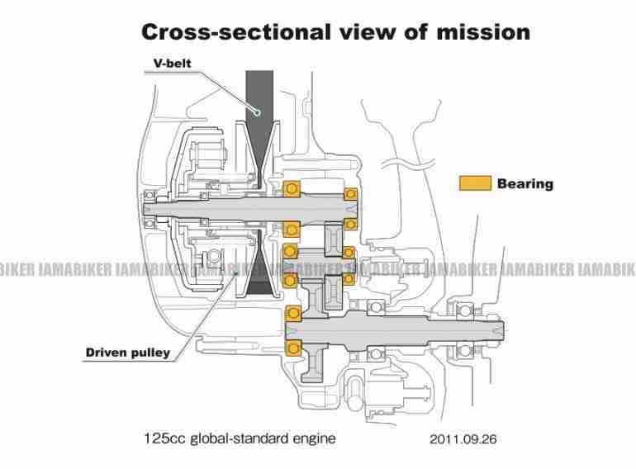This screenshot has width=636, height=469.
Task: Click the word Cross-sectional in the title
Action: pos(236,32)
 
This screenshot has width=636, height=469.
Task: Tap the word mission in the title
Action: pos(483,32)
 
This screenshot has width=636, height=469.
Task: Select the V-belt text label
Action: pos(172,64)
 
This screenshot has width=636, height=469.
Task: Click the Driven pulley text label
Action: pos(128,353)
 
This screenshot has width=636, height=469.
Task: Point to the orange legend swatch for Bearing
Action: pos(475,183)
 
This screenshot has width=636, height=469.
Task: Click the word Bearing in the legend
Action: pos(524,183)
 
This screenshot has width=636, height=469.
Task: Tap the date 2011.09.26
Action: pos(463,439)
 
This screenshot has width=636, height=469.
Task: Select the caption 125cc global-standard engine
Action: pos(240,438)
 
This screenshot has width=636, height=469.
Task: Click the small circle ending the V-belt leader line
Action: pos(256,111)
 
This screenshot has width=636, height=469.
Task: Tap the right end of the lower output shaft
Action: pos(504,330)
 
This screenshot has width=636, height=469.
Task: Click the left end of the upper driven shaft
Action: pos(145,209)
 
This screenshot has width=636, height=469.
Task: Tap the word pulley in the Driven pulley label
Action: pos(150,353)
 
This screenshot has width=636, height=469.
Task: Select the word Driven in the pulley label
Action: pos(106,353)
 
